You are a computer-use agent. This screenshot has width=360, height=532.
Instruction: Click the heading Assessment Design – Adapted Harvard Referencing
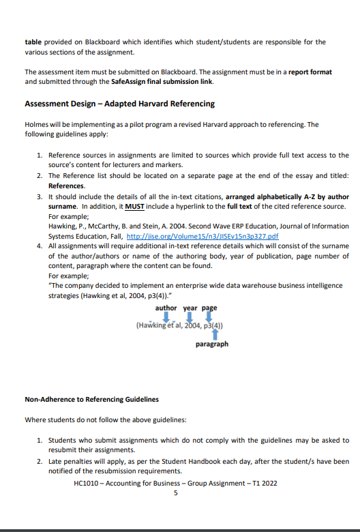(119, 104)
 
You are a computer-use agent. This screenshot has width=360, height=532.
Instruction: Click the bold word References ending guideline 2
(66, 186)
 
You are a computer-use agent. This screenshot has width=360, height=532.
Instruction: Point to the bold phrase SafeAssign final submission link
(162, 82)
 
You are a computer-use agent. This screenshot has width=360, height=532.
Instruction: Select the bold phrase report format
(310, 72)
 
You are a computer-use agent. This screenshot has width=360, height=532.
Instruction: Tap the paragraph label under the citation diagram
(212, 344)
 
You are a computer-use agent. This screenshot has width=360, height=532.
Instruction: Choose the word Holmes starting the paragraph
(37, 125)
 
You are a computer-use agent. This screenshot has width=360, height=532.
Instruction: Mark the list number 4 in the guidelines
(40, 246)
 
